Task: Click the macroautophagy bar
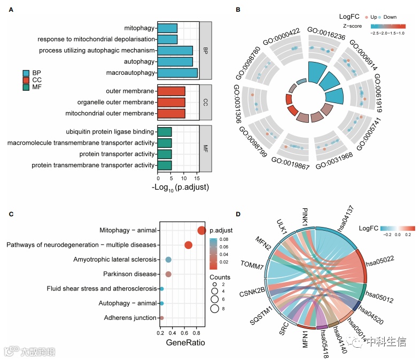(177, 72)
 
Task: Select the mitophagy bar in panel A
(167, 28)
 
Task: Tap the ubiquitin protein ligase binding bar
(165, 131)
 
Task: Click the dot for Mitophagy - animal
(201, 230)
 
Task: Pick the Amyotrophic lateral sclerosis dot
(168, 260)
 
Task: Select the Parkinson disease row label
(130, 274)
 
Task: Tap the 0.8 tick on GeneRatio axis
(198, 333)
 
